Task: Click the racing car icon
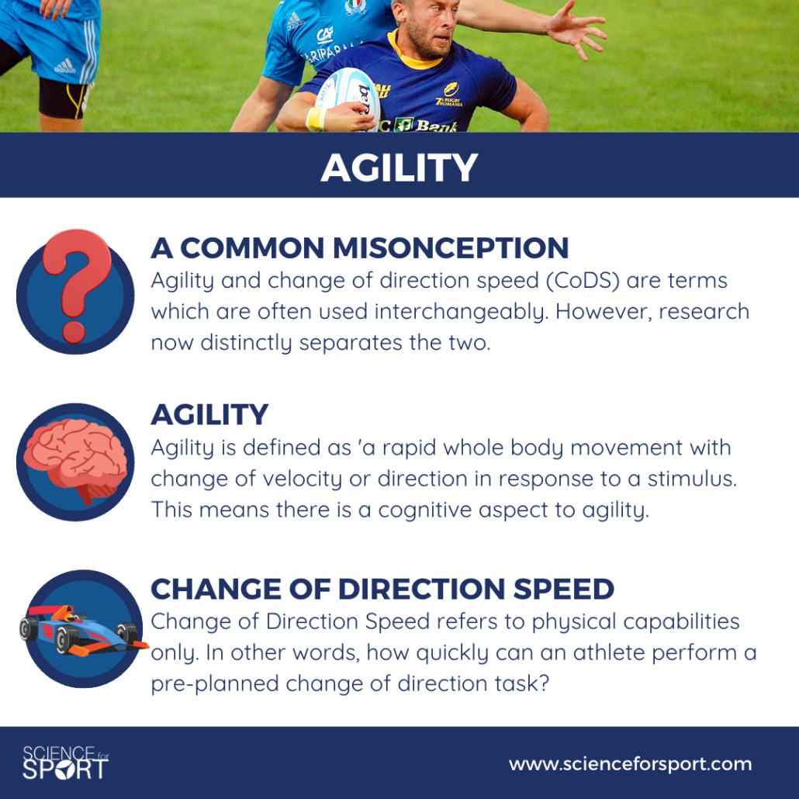click(x=83, y=631)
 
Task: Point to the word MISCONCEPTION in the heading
click(x=451, y=248)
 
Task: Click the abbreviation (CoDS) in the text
click(x=583, y=281)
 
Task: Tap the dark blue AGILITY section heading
click(x=209, y=414)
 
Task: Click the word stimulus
click(x=692, y=479)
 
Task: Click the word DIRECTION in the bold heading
click(x=421, y=589)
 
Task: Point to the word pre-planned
click(x=215, y=684)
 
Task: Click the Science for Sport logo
click(x=65, y=763)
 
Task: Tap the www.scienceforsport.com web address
click(x=631, y=764)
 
